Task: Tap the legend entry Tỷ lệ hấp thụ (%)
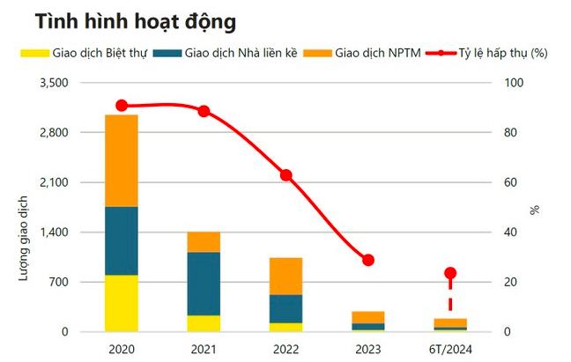pyautogui.click(x=503, y=53)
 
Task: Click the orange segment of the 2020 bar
pyautogui.click(x=121, y=160)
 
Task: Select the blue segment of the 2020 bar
pyautogui.click(x=121, y=240)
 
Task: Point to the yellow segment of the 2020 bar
pyautogui.click(x=121, y=303)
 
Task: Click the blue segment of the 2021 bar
pyautogui.click(x=204, y=284)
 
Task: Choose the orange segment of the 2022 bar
pyautogui.click(x=285, y=276)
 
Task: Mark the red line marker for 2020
pyautogui.click(x=121, y=106)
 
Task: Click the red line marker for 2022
pyautogui.click(x=285, y=175)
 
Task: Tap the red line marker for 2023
pyautogui.click(x=368, y=260)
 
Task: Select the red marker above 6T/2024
pyautogui.click(x=450, y=273)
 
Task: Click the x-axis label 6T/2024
pyautogui.click(x=450, y=349)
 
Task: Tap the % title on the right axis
pyautogui.click(x=534, y=210)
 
